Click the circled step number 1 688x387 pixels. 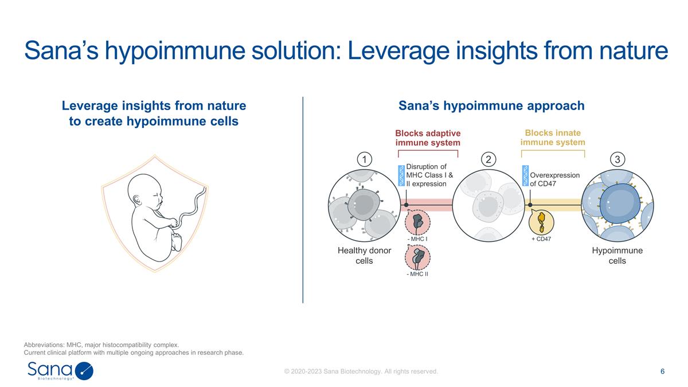365,159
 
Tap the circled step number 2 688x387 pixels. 488,159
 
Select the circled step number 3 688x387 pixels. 617,159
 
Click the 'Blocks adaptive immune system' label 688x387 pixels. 428,138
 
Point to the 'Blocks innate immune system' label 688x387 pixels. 553,138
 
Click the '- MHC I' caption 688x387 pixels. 417,239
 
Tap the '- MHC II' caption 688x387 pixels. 417,274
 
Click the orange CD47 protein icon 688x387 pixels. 541,220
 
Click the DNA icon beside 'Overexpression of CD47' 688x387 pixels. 525,176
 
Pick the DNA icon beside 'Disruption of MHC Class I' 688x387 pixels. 401,176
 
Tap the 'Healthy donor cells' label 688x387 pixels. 363,256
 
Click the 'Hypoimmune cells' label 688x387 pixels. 617,256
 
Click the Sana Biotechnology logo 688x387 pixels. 60,371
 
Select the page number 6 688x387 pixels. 662,372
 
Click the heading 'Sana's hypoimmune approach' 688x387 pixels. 491,106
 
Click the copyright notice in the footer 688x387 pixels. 361,372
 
